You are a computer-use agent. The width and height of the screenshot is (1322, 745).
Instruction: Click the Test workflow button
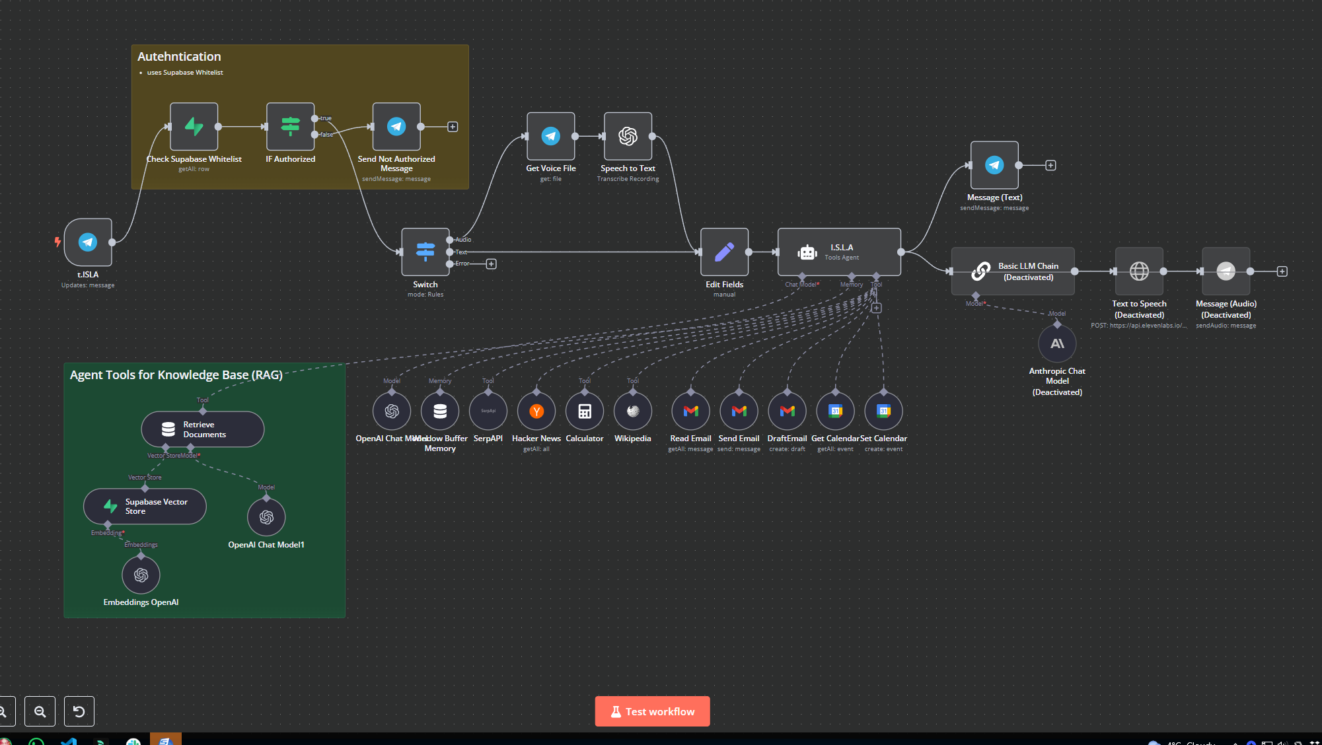(x=652, y=711)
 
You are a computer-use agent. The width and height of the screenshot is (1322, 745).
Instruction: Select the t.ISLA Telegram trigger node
(x=88, y=242)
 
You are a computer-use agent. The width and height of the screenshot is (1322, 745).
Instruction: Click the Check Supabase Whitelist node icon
(x=194, y=127)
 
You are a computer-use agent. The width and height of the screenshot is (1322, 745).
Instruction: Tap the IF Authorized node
(x=290, y=127)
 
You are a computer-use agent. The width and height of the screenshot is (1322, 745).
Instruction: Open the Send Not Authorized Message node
(x=396, y=127)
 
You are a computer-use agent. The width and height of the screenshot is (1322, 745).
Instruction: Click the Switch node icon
(x=425, y=252)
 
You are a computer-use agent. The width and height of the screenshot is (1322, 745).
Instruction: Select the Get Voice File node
(x=551, y=136)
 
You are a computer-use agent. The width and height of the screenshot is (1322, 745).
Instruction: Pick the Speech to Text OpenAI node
(x=628, y=136)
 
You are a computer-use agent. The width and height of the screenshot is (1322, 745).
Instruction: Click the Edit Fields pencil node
(x=724, y=252)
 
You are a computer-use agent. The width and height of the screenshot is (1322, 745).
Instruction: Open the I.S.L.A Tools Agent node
(x=839, y=252)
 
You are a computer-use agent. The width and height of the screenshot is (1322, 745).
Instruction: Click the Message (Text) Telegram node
(x=994, y=165)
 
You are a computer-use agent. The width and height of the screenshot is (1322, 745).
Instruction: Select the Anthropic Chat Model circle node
(x=1057, y=344)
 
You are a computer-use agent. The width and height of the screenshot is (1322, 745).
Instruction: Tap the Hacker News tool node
(x=536, y=411)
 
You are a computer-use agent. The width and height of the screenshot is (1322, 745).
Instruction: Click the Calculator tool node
(x=585, y=411)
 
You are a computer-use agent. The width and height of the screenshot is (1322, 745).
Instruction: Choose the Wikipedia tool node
(x=633, y=411)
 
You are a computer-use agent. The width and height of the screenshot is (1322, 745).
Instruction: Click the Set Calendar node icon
(x=883, y=411)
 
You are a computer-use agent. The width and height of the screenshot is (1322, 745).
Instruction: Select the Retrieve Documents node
(x=203, y=429)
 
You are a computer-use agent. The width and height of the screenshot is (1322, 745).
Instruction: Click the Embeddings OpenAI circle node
(x=141, y=575)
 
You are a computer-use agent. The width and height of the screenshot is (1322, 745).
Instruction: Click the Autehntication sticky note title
(x=179, y=57)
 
